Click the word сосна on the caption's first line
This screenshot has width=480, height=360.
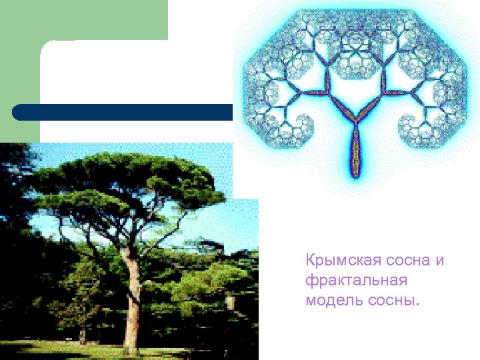click(409, 260)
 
